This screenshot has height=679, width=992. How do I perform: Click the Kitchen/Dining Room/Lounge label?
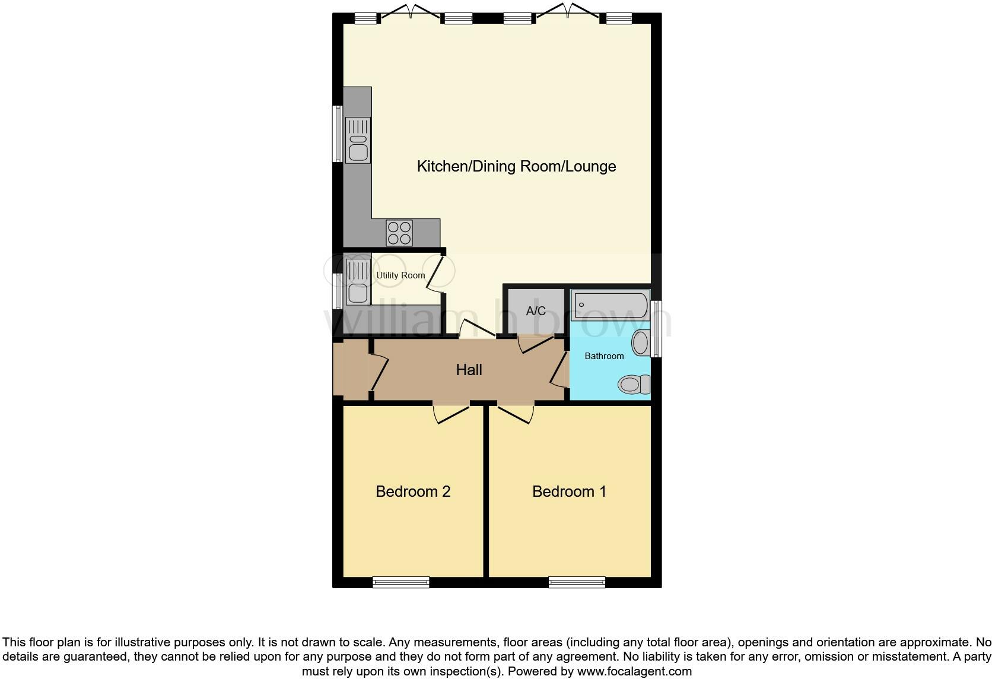pyautogui.click(x=516, y=166)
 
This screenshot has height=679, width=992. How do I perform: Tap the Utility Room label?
pyautogui.click(x=400, y=275)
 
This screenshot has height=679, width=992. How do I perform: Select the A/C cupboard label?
pyautogui.click(x=536, y=311)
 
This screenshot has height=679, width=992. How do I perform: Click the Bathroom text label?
pyautogui.click(x=604, y=356)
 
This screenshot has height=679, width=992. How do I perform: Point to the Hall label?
pyautogui.click(x=469, y=370)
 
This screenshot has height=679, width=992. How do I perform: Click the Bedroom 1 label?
pyautogui.click(x=569, y=491)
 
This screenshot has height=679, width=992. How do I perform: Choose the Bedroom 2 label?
pyautogui.click(x=413, y=491)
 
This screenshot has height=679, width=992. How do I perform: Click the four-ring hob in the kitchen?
pyautogui.click(x=399, y=233)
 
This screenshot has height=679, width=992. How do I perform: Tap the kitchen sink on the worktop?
pyautogui.click(x=358, y=141)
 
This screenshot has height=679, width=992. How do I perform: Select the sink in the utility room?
pyautogui.click(x=358, y=283)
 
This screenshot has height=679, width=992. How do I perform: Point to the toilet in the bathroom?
pyautogui.click(x=634, y=385)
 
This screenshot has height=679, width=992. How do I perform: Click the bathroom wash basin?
pyautogui.click(x=640, y=343)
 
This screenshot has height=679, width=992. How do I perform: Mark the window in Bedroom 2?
pyautogui.click(x=400, y=582)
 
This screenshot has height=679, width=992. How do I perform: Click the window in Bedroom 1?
pyautogui.click(x=577, y=582)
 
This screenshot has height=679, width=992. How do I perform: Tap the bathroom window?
pyautogui.click(x=656, y=329)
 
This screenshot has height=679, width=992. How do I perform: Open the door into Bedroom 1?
pyautogui.click(x=515, y=413)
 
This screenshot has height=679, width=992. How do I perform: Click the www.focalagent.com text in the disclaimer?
pyautogui.click(x=634, y=672)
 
